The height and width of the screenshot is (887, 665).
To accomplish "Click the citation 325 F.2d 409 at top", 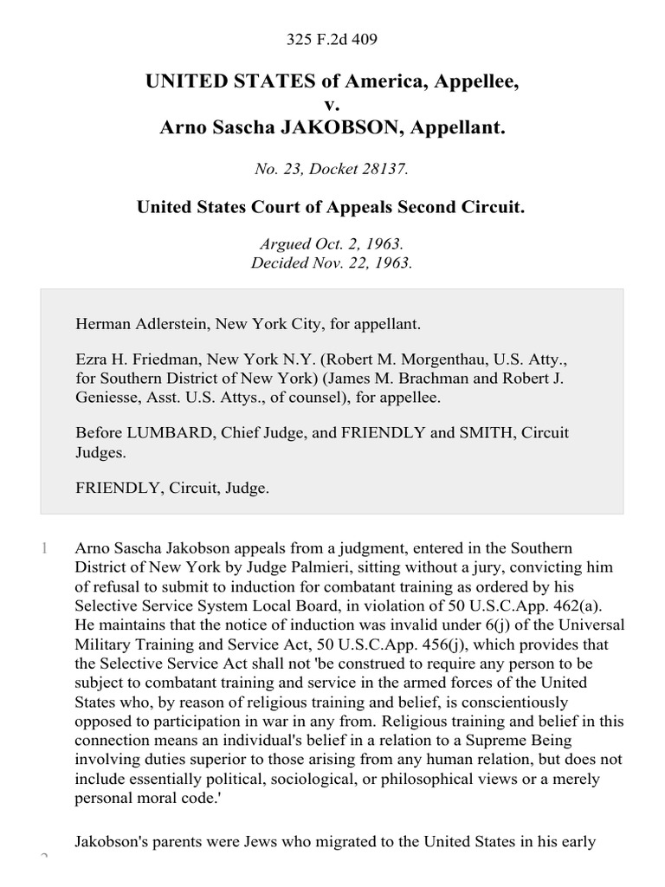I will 332,39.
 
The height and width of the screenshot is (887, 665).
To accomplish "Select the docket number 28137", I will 386,170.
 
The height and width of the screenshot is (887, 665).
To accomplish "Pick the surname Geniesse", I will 110,398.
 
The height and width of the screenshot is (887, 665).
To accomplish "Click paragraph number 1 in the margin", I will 43,548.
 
